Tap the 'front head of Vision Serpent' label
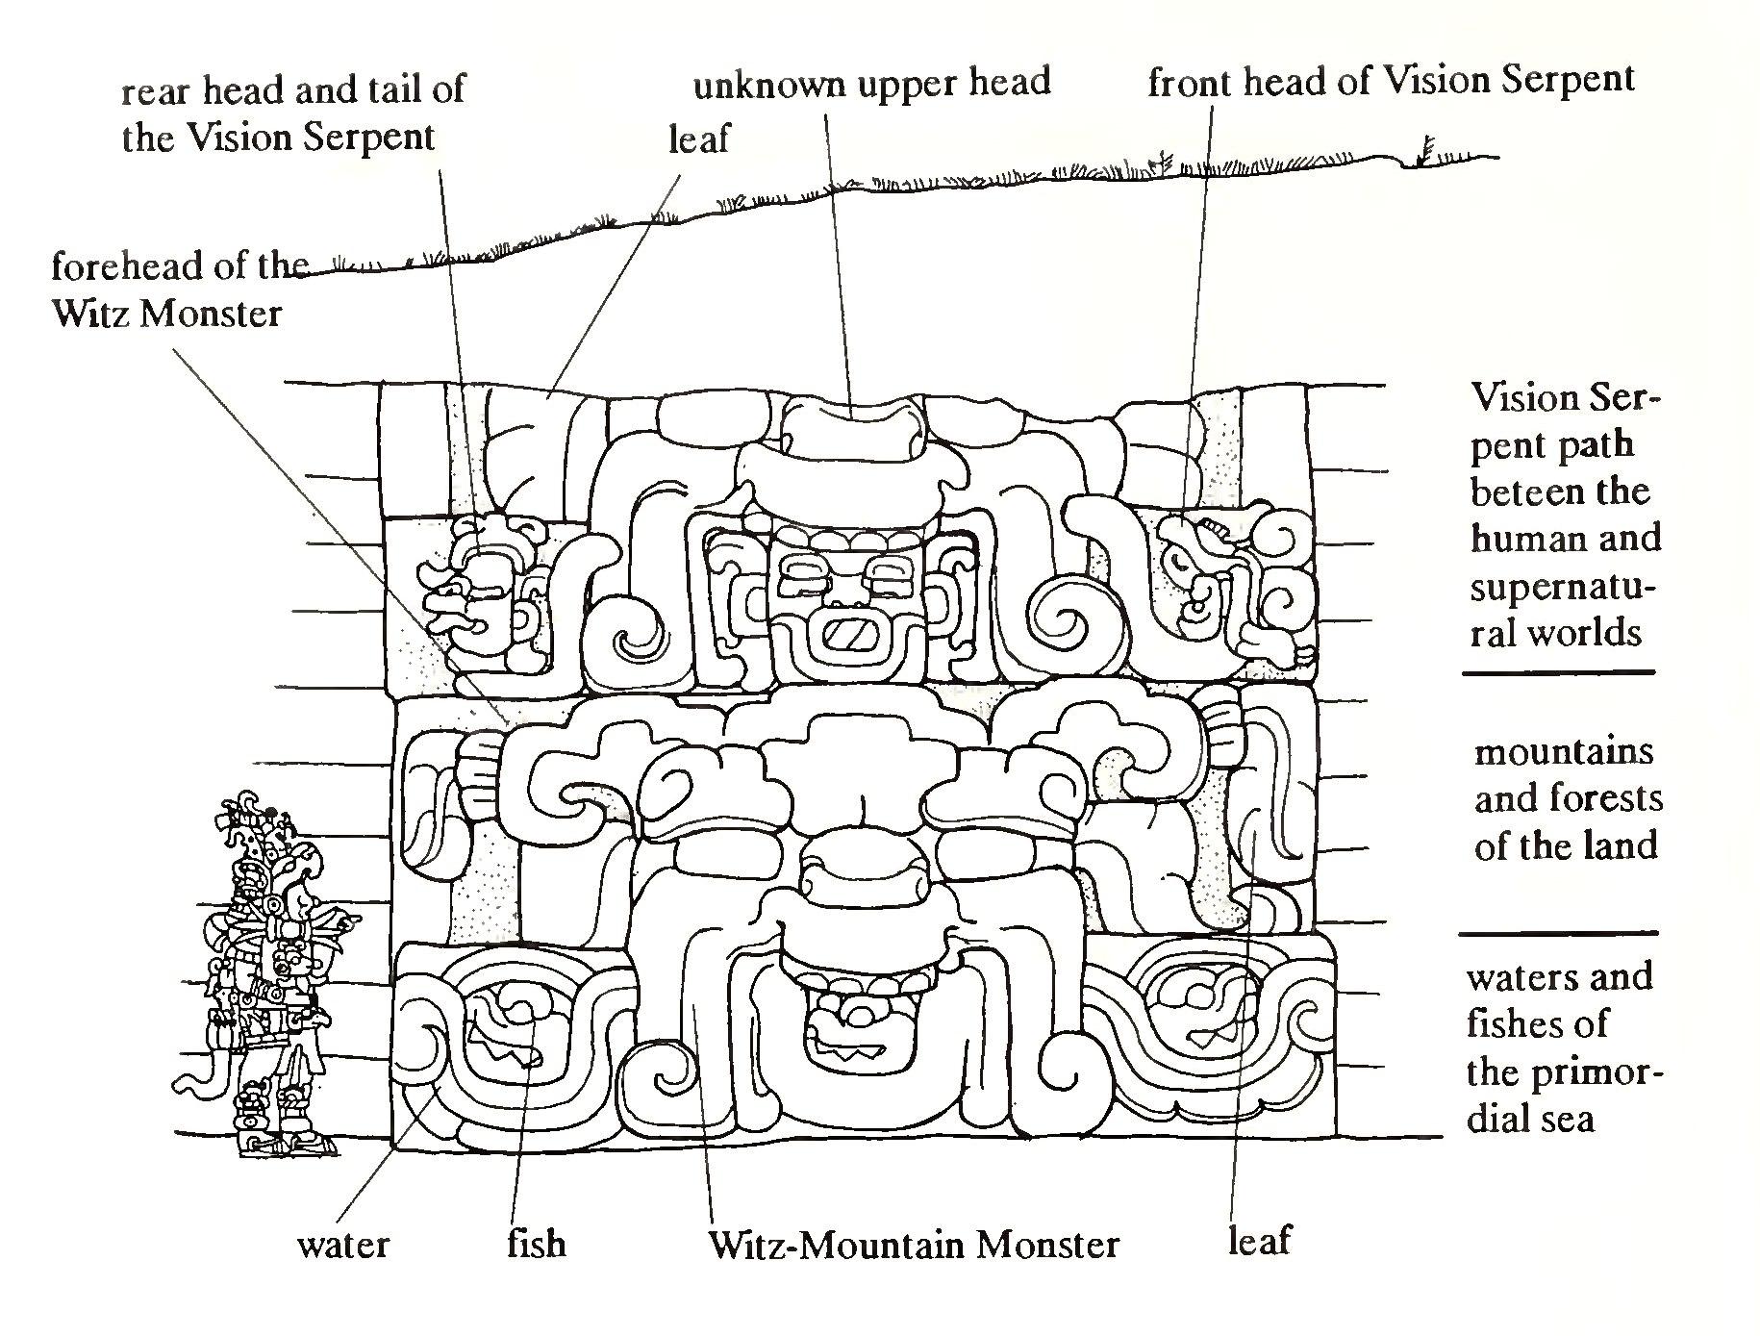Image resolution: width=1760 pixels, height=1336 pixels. pos(1391,82)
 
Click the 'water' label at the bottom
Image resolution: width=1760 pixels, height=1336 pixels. pos(343,1245)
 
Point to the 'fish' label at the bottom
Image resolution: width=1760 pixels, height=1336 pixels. pos(537,1244)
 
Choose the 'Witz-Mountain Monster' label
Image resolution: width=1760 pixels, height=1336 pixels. pos(914,1245)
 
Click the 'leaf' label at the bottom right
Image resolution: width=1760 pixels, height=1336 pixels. pos(1258,1241)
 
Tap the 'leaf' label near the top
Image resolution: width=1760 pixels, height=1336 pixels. pos(699,139)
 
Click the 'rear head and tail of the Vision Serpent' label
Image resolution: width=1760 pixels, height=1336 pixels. pos(293,113)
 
